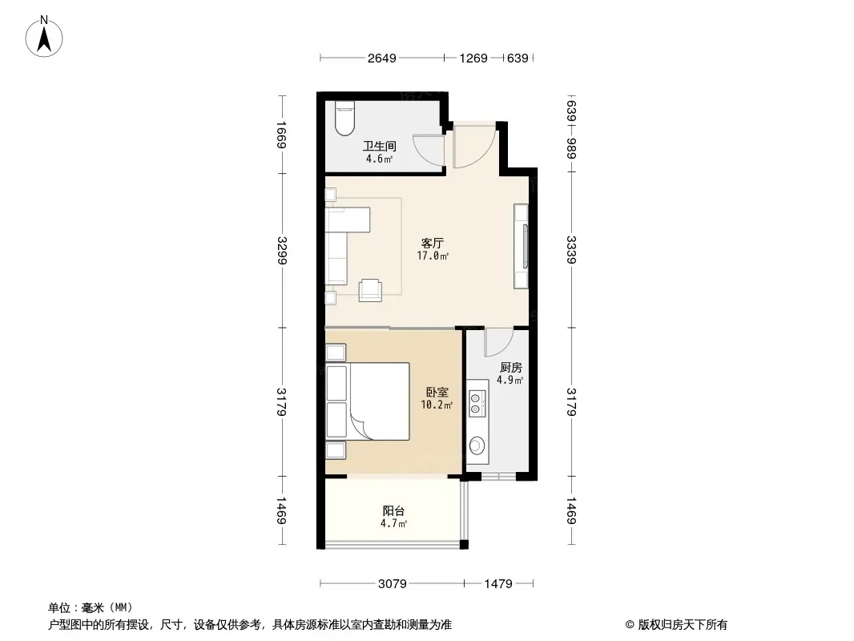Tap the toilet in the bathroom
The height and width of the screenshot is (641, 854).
(x=344, y=118)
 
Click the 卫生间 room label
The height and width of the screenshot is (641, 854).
(x=380, y=146)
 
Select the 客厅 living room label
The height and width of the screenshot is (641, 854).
(x=433, y=242)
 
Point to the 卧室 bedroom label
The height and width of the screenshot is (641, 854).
(x=437, y=392)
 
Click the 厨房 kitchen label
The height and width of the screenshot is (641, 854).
(x=510, y=368)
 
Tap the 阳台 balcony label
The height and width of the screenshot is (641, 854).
(x=393, y=511)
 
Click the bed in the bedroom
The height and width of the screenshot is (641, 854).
(x=369, y=401)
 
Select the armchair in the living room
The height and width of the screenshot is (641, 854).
(x=370, y=290)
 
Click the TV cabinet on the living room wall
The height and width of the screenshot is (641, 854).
(x=522, y=246)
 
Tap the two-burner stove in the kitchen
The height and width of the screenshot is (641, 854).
(x=477, y=404)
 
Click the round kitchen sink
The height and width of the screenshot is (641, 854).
(x=477, y=446)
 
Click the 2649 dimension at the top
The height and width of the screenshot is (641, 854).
(x=382, y=58)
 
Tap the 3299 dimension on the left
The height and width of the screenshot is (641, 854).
(x=281, y=251)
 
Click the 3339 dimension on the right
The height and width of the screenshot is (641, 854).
(x=571, y=250)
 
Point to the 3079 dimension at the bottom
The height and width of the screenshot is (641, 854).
(x=392, y=584)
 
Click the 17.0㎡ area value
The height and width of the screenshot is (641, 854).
(x=433, y=256)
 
